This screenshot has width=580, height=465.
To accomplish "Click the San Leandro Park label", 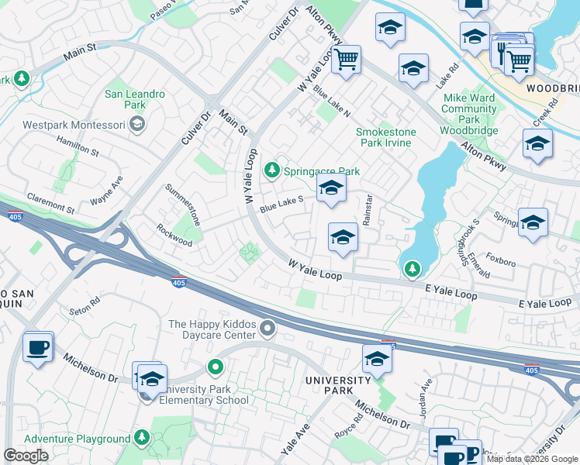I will [x=135, y=99].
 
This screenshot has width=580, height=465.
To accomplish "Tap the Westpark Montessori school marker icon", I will [x=137, y=123].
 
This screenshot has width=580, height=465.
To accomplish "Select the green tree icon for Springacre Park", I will [x=271, y=170].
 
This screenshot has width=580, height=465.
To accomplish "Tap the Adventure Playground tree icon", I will [x=141, y=439].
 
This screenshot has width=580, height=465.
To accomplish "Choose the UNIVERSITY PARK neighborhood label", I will [x=338, y=386].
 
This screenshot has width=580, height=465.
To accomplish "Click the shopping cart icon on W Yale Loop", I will [x=346, y=59].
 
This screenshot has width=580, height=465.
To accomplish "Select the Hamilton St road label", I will [x=78, y=144].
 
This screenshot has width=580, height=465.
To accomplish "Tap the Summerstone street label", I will [x=183, y=205].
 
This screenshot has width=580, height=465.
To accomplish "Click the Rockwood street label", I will [x=174, y=236].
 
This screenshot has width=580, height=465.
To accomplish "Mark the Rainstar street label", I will [x=368, y=210].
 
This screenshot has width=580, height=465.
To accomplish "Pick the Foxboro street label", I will [x=500, y=262].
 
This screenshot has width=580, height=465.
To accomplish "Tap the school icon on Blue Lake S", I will [x=331, y=188].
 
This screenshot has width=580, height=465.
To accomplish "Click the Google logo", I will [x=26, y=456].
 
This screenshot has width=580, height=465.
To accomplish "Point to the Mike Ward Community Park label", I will [x=469, y=109].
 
